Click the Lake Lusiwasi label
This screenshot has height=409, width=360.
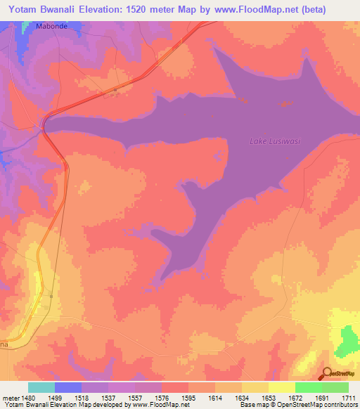pos(275,141)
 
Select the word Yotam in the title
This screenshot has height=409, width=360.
pos(25,9)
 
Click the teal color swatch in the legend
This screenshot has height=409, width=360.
pos(41,388)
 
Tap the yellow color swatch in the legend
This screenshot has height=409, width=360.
pos(281,388)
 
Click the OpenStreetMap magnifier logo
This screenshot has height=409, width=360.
pos(326,373)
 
